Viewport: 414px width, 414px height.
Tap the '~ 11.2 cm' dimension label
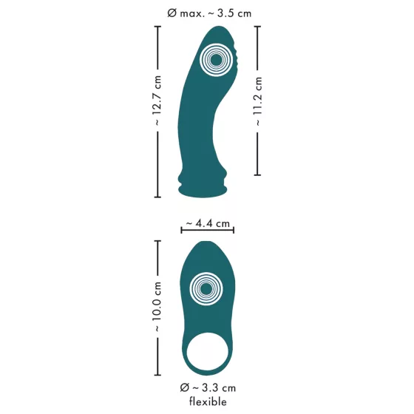point(258,101)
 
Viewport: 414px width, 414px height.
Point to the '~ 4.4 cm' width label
point(207,223)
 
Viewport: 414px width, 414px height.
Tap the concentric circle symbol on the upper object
point(215,59)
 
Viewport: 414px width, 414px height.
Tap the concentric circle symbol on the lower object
point(207,290)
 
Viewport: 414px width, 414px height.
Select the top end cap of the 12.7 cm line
point(157,26)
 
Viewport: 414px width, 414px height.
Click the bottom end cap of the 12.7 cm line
point(157,197)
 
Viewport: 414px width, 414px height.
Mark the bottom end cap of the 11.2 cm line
point(258,175)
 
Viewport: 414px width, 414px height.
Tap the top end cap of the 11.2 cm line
point(258,26)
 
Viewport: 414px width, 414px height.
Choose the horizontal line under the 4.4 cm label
point(207,231)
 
